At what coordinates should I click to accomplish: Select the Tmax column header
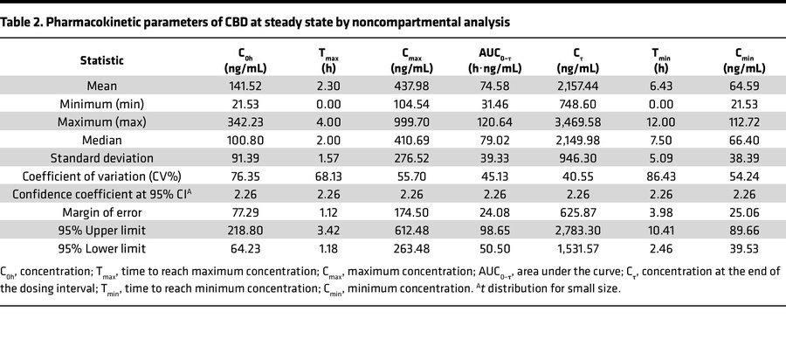tap(329, 60)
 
